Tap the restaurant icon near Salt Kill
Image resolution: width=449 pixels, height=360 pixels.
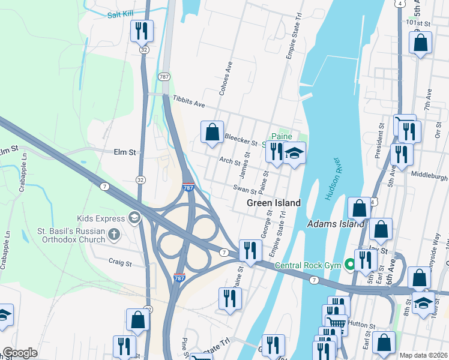[x=142, y=31]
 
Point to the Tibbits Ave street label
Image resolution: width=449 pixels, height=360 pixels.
[x=188, y=101]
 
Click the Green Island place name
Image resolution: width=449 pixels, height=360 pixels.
[x=273, y=203]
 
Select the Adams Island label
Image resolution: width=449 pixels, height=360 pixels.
[x=336, y=224]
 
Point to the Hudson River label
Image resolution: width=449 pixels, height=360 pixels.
[x=333, y=181]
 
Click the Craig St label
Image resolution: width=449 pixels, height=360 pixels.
[x=120, y=262]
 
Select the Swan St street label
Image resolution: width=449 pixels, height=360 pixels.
[x=246, y=190]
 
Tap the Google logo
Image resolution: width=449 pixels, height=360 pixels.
[x=20, y=352]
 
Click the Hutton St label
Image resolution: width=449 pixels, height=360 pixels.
[x=363, y=327]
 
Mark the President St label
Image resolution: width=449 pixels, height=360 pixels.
[x=380, y=142]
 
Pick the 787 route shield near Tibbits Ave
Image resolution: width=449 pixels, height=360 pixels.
[x=164, y=77]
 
